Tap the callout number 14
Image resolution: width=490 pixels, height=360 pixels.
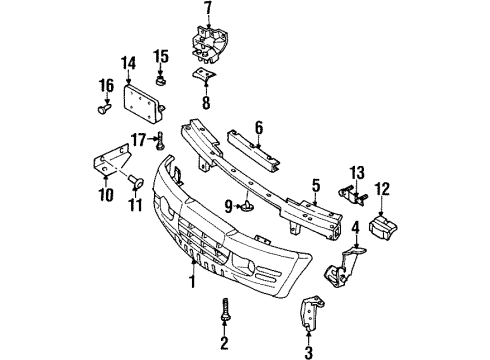(x=128, y=63)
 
